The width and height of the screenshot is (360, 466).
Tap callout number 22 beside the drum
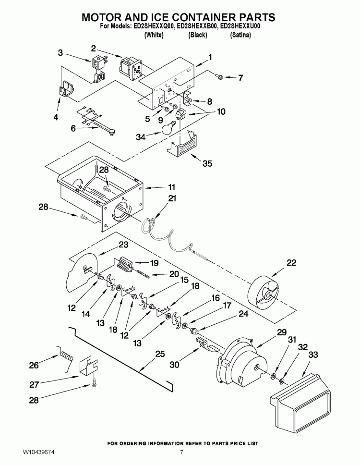coord(291,263)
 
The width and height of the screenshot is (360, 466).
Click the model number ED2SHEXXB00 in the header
coord(198,27)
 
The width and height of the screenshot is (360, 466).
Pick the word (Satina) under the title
coord(240,36)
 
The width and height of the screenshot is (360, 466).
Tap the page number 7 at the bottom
coord(181,452)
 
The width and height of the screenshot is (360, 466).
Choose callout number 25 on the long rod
coord(160,354)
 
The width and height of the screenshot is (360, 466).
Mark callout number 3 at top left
coord(60,52)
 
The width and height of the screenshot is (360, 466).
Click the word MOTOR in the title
coord(104,17)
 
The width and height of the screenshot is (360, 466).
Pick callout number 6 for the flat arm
coord(73,128)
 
